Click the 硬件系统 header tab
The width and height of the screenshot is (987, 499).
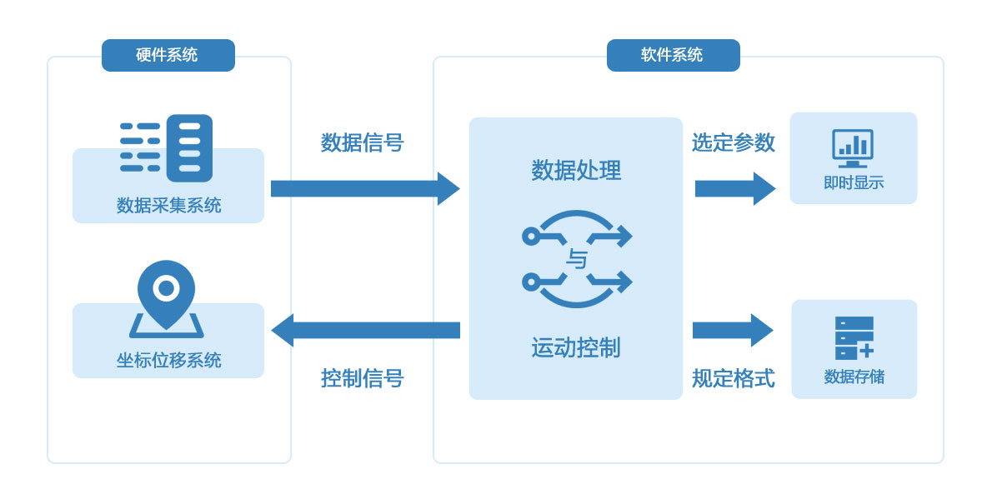[168, 55]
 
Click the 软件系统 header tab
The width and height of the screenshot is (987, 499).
[673, 55]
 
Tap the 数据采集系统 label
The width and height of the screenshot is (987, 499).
[168, 205]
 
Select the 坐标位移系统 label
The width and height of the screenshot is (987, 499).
[168, 360]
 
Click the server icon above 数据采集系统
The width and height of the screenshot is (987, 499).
[166, 148]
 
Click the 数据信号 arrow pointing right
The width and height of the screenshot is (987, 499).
[365, 188]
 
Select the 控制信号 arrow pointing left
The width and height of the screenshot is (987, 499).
[365, 330]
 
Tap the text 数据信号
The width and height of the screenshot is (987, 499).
[362, 142]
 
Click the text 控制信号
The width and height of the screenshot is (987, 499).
[362, 378]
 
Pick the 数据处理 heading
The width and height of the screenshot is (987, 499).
[576, 170]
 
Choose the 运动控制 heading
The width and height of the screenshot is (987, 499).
[576, 347]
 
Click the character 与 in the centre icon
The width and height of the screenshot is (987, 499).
[576, 259]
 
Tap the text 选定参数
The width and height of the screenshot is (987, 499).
[733, 142]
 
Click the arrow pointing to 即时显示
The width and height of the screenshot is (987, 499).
[734, 188]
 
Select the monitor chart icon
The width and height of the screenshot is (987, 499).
[853, 148]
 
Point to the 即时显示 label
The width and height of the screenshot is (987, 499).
[853, 182]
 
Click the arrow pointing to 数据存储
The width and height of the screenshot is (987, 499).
[733, 330]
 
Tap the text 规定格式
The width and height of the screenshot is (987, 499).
[733, 378]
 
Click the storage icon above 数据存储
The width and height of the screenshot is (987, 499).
[854, 337]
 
